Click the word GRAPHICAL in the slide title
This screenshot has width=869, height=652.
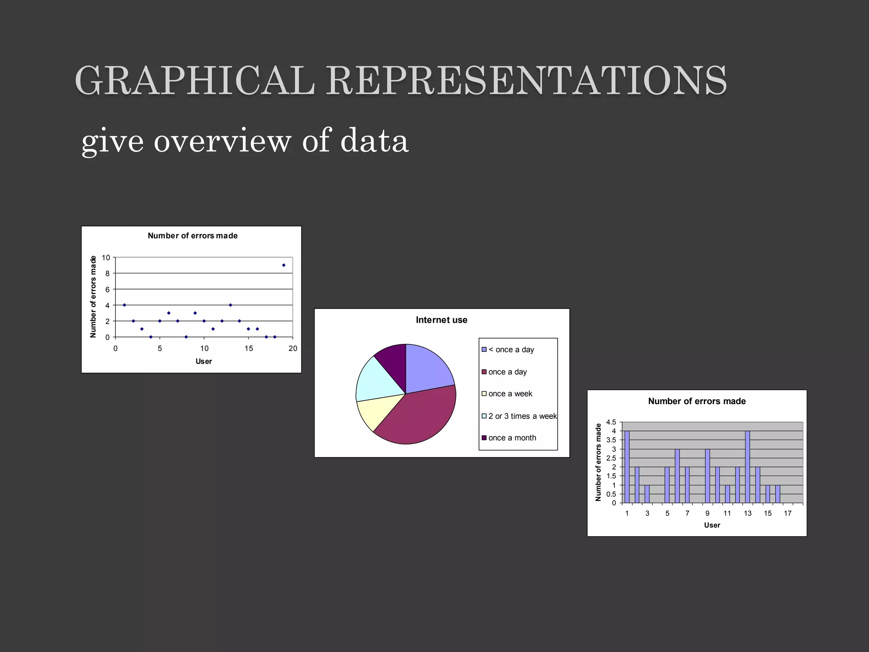click(195, 81)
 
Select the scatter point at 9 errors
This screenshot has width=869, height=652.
click(283, 265)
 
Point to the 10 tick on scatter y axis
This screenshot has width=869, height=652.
click(106, 258)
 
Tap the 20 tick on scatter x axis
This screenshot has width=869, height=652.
click(293, 348)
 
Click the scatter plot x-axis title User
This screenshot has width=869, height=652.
click(204, 361)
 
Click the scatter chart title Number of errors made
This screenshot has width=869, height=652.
click(193, 236)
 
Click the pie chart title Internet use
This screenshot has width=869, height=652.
click(441, 320)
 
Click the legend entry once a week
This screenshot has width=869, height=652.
click(510, 394)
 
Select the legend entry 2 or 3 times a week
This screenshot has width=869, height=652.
click(522, 416)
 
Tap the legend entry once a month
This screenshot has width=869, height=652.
click(512, 438)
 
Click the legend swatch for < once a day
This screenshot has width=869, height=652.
click(484, 350)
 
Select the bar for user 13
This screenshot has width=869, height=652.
click(747, 467)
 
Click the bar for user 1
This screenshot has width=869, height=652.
click(627, 467)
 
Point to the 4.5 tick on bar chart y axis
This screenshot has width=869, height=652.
click(611, 422)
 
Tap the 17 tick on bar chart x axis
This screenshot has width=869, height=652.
click(788, 514)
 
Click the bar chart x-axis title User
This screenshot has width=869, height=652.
click(712, 525)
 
